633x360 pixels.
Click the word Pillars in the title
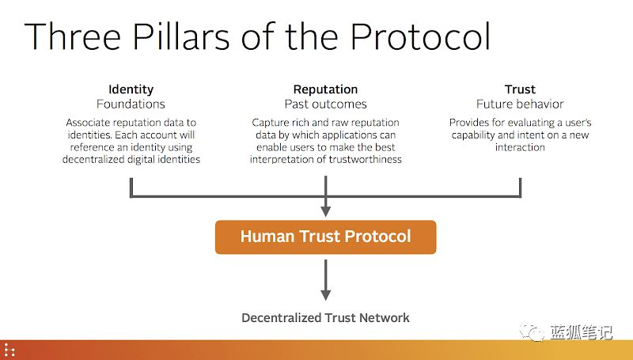click(181, 36)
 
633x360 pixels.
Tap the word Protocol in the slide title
click(420, 36)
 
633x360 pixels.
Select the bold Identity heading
click(131, 89)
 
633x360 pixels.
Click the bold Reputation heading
click(325, 89)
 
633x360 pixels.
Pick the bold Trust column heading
click(520, 89)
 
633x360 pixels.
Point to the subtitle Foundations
click(131, 104)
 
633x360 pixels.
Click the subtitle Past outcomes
click(325, 104)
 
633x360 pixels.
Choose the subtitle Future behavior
click(520, 104)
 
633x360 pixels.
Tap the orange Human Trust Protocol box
click(325, 237)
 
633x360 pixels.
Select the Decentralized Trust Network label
click(325, 317)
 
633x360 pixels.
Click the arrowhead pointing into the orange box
click(325, 211)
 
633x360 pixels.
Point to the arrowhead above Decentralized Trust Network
click(325, 294)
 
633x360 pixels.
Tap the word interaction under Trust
click(520, 147)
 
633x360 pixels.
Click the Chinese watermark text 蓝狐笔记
click(582, 332)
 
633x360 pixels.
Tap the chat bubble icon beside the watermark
click(532, 332)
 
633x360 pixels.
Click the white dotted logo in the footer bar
click(9, 350)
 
